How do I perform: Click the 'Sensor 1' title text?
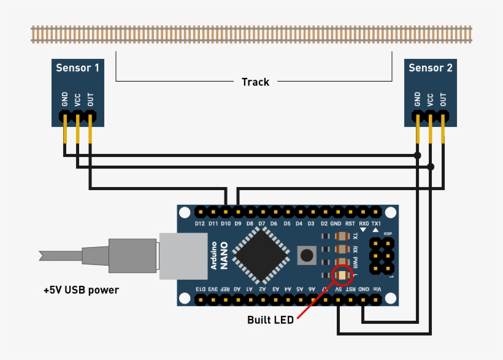point(77,67)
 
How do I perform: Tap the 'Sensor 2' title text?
point(430,67)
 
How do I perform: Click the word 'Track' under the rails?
point(255,82)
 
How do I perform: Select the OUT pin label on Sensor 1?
point(90,99)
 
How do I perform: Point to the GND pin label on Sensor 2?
point(418,99)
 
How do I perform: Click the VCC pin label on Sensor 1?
point(77,99)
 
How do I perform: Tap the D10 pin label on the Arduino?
point(225,224)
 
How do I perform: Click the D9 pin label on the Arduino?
point(237,224)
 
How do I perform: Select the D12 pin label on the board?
point(200,224)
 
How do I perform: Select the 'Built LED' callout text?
point(270,320)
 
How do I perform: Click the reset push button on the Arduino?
point(306,254)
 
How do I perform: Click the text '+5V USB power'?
point(80,289)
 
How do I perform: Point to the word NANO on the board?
point(225,256)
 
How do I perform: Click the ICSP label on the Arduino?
point(387,234)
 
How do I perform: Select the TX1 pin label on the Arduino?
point(376,224)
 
